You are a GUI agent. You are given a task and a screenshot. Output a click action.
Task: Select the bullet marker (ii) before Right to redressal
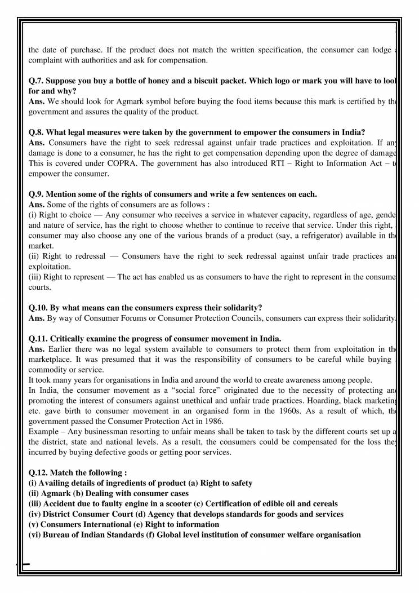coord(34,256)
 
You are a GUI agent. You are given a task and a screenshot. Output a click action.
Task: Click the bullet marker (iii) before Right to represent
coord(35,276)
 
